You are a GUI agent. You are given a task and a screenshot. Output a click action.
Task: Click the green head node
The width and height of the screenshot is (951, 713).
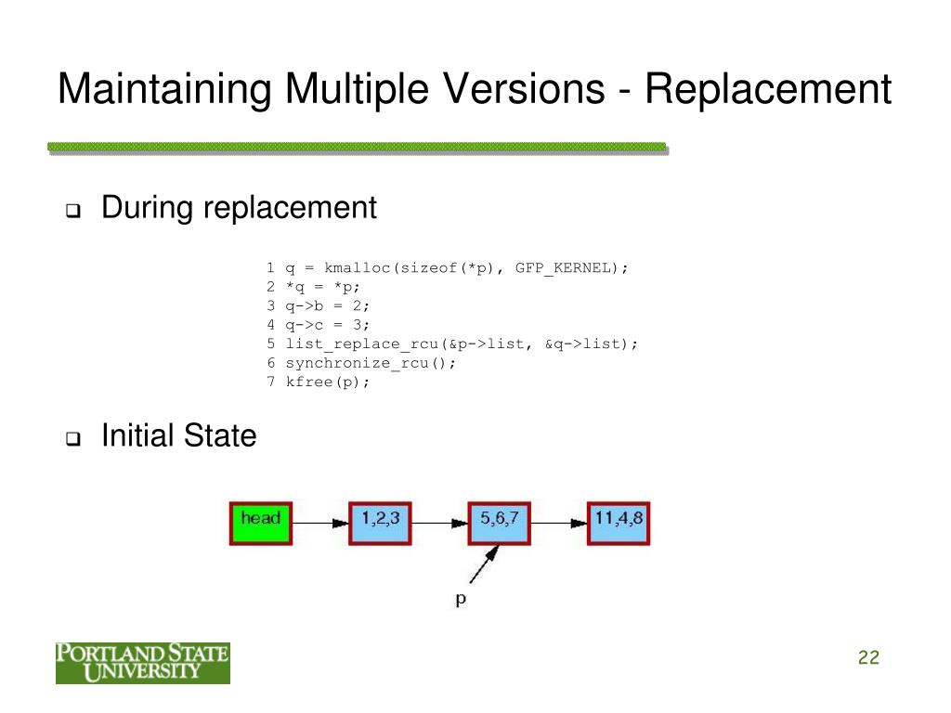click(x=260, y=523)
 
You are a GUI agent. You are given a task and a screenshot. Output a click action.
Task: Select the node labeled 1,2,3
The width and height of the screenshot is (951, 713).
click(x=380, y=523)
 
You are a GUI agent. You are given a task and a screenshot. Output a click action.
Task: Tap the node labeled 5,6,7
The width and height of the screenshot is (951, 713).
click(x=499, y=523)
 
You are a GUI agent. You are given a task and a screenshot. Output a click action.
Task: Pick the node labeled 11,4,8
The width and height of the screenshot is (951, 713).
click(x=618, y=523)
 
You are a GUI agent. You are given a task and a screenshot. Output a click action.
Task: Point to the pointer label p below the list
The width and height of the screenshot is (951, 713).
click(x=461, y=600)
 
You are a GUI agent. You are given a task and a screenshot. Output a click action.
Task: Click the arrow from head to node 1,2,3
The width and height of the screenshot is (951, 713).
click(x=320, y=524)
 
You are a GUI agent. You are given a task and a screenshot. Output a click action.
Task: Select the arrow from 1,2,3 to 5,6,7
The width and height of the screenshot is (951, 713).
click(x=439, y=524)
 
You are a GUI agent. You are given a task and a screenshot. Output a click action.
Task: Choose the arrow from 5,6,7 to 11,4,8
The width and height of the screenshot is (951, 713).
click(x=558, y=524)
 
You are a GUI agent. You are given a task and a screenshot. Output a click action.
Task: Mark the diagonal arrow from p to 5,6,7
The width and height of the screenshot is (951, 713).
click(x=485, y=565)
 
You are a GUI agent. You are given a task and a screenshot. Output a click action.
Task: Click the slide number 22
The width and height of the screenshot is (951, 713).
click(x=868, y=658)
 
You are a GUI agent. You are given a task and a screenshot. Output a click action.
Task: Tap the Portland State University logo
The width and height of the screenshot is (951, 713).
click(x=142, y=662)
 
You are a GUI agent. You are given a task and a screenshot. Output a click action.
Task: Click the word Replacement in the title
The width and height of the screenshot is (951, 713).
click(x=768, y=90)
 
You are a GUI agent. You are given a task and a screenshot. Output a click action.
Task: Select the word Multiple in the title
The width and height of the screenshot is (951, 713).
click(x=352, y=90)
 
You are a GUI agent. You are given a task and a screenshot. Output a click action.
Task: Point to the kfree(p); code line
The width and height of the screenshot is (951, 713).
click(x=327, y=382)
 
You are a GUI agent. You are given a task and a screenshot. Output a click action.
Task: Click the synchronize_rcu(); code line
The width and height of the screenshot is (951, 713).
click(x=371, y=362)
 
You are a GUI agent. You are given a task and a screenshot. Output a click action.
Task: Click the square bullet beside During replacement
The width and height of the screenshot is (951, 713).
click(x=72, y=210)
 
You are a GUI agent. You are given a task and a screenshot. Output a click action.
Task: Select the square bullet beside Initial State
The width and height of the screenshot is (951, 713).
click(x=72, y=438)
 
